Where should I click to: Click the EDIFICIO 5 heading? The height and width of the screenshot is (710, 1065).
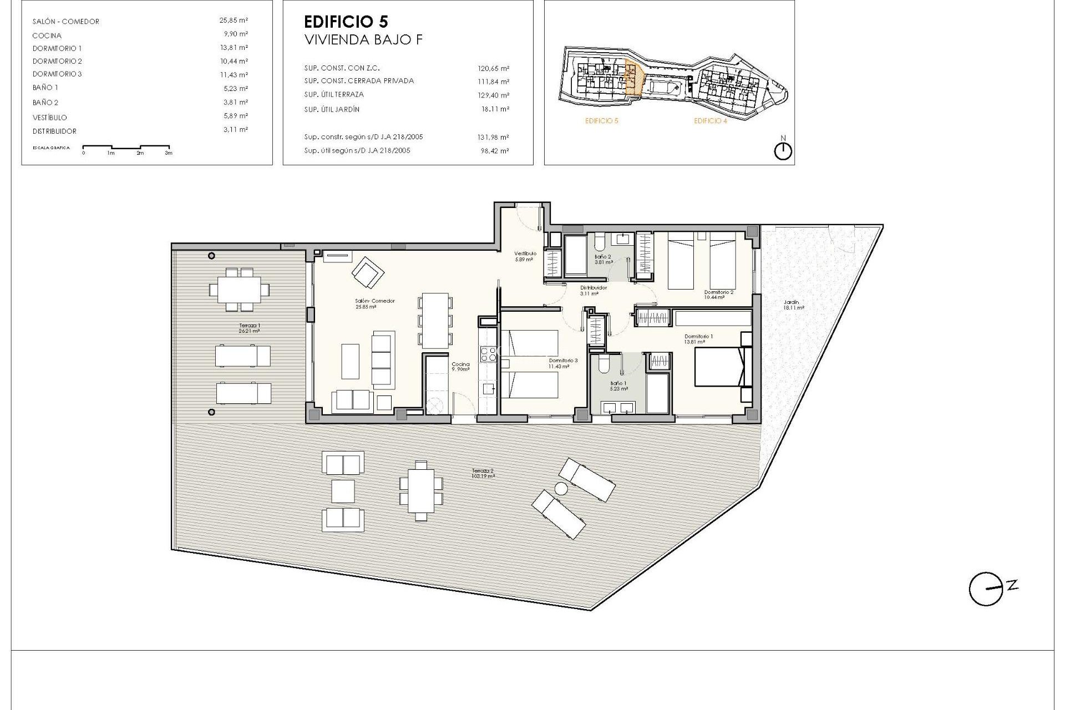(346, 22)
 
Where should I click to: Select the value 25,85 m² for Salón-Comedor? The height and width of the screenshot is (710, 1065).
(233, 21)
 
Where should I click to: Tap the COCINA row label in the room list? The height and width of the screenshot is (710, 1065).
(47, 35)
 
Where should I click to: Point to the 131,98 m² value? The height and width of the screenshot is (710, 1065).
(495, 137)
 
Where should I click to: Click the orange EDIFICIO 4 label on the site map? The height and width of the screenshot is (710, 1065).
(710, 121)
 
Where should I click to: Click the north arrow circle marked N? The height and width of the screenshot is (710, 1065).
(783, 151)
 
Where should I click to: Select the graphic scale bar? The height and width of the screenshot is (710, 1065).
(127, 148)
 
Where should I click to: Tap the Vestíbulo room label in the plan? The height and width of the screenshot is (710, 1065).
(525, 253)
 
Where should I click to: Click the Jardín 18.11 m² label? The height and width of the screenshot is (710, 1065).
(793, 305)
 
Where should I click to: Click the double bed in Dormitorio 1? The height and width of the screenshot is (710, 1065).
(719, 366)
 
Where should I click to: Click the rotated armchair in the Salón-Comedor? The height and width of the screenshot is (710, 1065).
(368, 272)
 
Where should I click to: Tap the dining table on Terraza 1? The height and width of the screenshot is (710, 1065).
(239, 290)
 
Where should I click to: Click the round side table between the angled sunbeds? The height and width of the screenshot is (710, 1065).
(561, 489)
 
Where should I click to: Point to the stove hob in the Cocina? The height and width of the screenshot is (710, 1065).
(488, 353)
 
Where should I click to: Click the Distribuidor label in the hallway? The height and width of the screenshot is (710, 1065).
(593, 288)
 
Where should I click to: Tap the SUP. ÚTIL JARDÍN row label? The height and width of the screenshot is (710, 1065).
(331, 109)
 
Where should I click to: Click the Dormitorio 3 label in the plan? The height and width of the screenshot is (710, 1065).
(562, 361)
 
